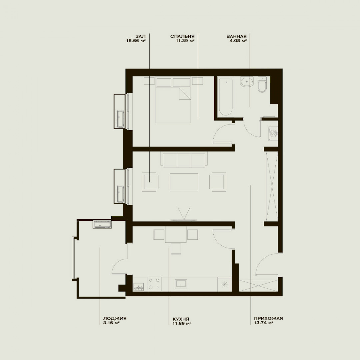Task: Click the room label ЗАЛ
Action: click(x=141, y=36)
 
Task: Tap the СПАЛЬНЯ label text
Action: click(x=182, y=36)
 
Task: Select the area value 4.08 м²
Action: click(x=238, y=41)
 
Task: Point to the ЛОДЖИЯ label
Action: click(x=115, y=318)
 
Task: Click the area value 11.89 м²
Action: click(x=182, y=323)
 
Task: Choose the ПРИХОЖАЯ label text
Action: click(x=268, y=318)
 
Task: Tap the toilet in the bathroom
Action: click(x=262, y=84)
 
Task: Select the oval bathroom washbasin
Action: click(x=247, y=82)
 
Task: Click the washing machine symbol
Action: click(x=273, y=133)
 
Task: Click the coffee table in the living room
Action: click(x=184, y=182)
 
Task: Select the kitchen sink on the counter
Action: click(x=181, y=284)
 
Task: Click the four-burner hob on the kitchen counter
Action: click(x=154, y=284)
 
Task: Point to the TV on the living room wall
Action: click(x=184, y=220)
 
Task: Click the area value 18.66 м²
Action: click(x=136, y=41)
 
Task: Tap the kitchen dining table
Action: click(x=176, y=234)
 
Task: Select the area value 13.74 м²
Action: click(x=263, y=323)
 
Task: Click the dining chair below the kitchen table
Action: click(x=176, y=249)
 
